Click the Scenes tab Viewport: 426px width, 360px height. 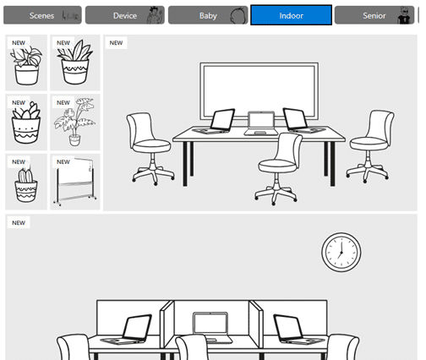point(42,15)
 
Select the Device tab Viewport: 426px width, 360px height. point(125,15)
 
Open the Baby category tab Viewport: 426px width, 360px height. point(208,15)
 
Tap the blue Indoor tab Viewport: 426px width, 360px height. point(291,15)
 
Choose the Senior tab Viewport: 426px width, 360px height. point(374,15)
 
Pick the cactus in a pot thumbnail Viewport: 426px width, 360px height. point(26,182)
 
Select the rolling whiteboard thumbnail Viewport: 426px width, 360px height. point(75,182)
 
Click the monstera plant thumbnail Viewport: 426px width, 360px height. point(75,123)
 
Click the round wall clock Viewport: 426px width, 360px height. point(341,252)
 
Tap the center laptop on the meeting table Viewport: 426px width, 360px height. point(261,123)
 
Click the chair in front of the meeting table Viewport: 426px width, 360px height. point(278,169)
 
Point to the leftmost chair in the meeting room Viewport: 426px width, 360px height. point(150,148)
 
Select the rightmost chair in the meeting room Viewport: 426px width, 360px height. point(370,146)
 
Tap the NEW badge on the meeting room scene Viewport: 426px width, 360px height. point(116,43)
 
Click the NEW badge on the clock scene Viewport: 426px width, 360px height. point(19,223)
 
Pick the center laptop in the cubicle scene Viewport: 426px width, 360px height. point(212,327)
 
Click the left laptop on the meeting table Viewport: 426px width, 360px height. point(215,121)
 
